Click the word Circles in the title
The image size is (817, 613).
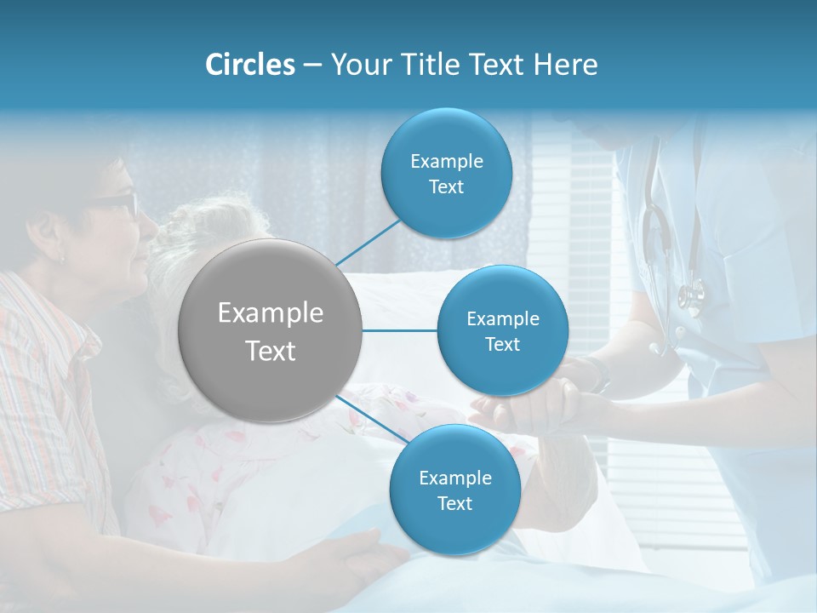(249, 65)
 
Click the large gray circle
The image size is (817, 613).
(270, 330)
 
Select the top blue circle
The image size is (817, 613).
(446, 174)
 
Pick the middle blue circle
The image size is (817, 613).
(502, 330)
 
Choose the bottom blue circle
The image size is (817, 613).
(454, 490)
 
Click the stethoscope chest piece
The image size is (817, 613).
(691, 296)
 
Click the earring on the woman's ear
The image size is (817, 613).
(61, 256)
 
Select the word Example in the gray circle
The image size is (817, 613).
(270, 313)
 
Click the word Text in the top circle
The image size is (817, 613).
(446, 187)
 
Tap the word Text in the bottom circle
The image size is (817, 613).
(454, 504)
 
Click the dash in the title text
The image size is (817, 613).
(311, 66)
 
